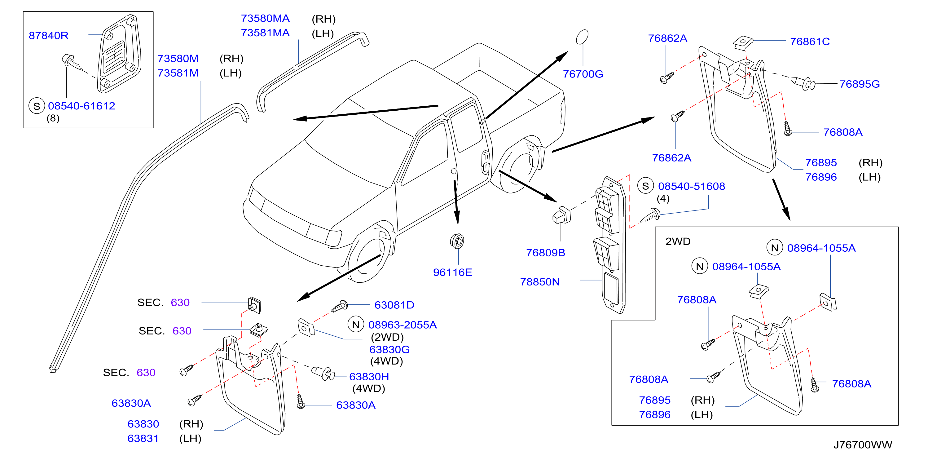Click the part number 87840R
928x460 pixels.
click(x=48, y=36)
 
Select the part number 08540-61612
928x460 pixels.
click(x=81, y=106)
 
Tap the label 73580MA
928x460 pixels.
click(x=265, y=18)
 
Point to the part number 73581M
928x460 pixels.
click(x=178, y=73)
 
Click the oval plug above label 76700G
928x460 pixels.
click(x=582, y=37)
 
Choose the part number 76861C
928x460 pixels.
click(x=810, y=42)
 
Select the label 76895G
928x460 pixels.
click(x=860, y=84)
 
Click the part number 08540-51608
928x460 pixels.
click(x=691, y=186)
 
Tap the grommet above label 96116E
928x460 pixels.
click(x=457, y=241)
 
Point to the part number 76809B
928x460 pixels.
click(x=545, y=253)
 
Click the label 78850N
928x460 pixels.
click(x=540, y=282)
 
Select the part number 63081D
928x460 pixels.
click(x=394, y=305)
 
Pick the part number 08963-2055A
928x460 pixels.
click(x=402, y=325)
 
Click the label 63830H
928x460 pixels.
click(x=369, y=377)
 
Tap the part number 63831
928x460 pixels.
click(x=143, y=439)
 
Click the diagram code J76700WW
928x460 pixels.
click(x=863, y=445)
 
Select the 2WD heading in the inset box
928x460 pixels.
click(x=678, y=241)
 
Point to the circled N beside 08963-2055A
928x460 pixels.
click(x=356, y=325)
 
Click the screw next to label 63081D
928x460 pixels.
click(x=339, y=307)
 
